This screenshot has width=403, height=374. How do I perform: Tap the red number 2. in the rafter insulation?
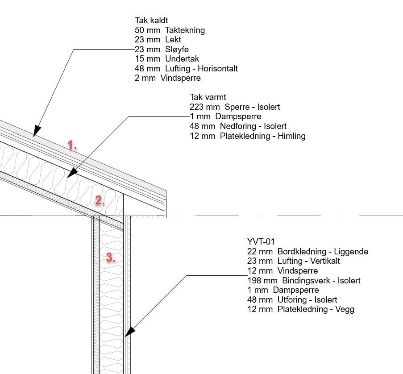click(x=100, y=200)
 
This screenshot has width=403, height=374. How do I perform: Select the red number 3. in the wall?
click(x=111, y=258)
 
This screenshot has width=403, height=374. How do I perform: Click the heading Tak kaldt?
click(x=151, y=20)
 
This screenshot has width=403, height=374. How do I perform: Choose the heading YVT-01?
click(x=262, y=242)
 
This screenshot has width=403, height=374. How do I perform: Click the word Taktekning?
click(x=185, y=30)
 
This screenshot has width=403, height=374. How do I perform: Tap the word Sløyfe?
click(x=177, y=50)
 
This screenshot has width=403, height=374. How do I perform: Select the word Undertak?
click(x=182, y=59)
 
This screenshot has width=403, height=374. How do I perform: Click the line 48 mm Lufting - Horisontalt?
click(x=186, y=69)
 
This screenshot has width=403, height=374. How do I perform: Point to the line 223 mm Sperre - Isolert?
click(x=235, y=107)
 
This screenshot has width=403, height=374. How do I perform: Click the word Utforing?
click(x=292, y=300)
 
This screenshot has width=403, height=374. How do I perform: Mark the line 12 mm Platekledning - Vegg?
click(x=301, y=309)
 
